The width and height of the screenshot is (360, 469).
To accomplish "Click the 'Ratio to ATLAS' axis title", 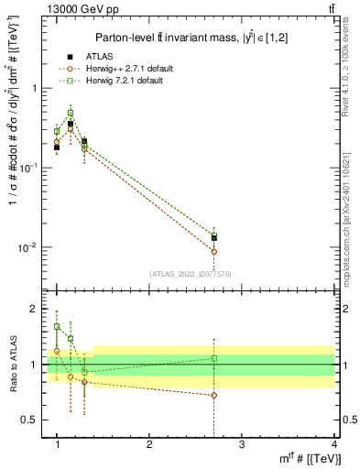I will [x=12, y=365].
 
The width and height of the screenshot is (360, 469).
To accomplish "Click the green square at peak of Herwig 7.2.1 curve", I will [x=71, y=113].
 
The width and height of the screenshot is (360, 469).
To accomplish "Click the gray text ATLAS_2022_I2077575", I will [x=190, y=273].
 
